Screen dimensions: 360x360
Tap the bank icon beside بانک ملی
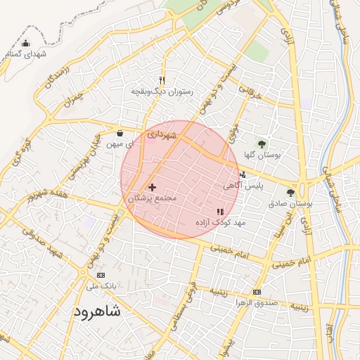tap(101, 275)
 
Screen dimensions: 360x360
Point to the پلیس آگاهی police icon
tap(243, 174)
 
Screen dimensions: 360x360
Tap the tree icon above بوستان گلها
tap(262, 144)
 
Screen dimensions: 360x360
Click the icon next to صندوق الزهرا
tap(257, 292)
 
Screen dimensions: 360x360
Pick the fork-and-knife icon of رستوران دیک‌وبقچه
tap(162, 80)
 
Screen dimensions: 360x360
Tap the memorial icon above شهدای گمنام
tap(26, 44)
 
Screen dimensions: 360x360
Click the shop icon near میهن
tap(120, 133)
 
